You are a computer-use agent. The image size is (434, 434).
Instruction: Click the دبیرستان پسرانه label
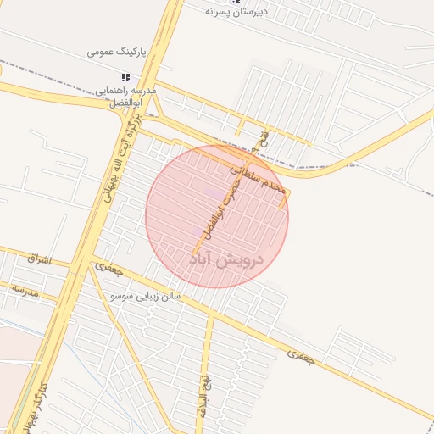click(x=248, y=12)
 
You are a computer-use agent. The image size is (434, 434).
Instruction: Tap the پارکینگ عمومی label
click(x=117, y=52)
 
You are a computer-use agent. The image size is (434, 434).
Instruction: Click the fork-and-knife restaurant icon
click(x=126, y=78)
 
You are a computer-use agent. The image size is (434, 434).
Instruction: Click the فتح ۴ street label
click(x=267, y=136)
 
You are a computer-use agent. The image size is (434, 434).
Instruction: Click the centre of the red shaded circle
click(x=217, y=217)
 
